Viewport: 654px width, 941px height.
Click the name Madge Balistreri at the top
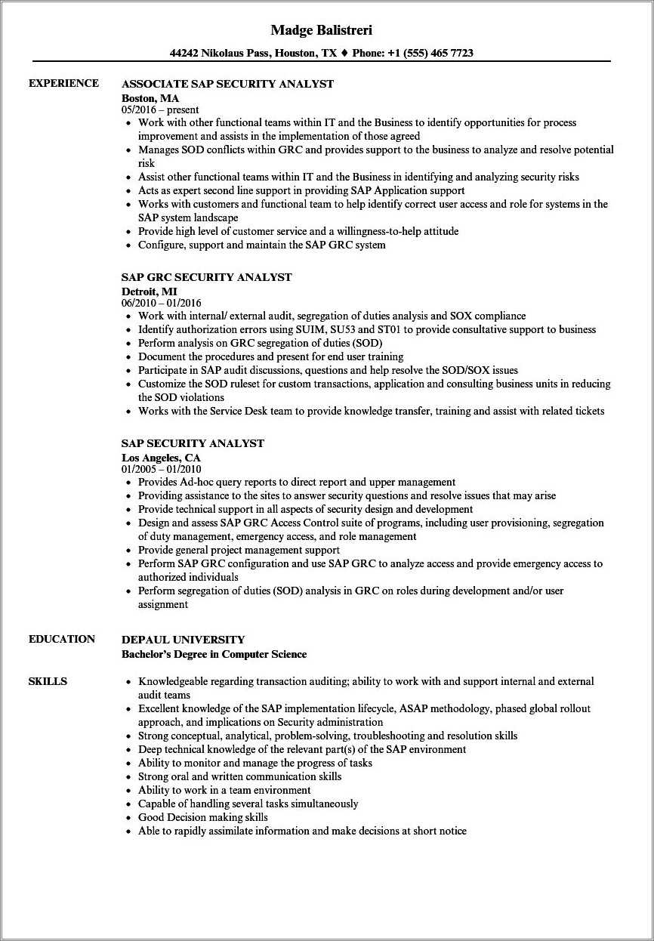(x=321, y=30)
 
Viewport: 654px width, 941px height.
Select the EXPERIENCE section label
(x=63, y=83)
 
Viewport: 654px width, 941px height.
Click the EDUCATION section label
(x=62, y=639)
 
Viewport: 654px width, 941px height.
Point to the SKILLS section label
(x=48, y=681)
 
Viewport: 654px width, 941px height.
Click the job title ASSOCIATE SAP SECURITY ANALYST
(x=227, y=84)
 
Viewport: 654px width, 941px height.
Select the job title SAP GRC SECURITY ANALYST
(x=206, y=277)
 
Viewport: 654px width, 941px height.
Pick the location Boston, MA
(x=150, y=97)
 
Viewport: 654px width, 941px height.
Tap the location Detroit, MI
(x=150, y=291)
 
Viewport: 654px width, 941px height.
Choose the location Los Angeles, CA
(x=161, y=457)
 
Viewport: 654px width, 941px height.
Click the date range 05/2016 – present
(x=160, y=110)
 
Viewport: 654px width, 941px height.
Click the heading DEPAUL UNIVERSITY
(x=183, y=640)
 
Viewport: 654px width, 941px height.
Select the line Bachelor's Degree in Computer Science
(x=214, y=654)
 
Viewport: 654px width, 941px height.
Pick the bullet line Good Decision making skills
(x=202, y=817)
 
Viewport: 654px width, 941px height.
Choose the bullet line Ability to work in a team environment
(x=224, y=790)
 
